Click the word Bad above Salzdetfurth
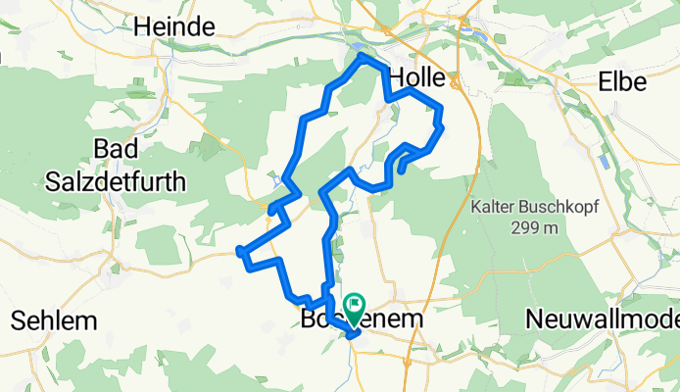coord(114,148)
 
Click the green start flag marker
coord(353,306)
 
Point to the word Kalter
coord(493,208)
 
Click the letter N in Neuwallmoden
coord(533,319)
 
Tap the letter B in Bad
coord(99,148)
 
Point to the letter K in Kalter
coord(475,208)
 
